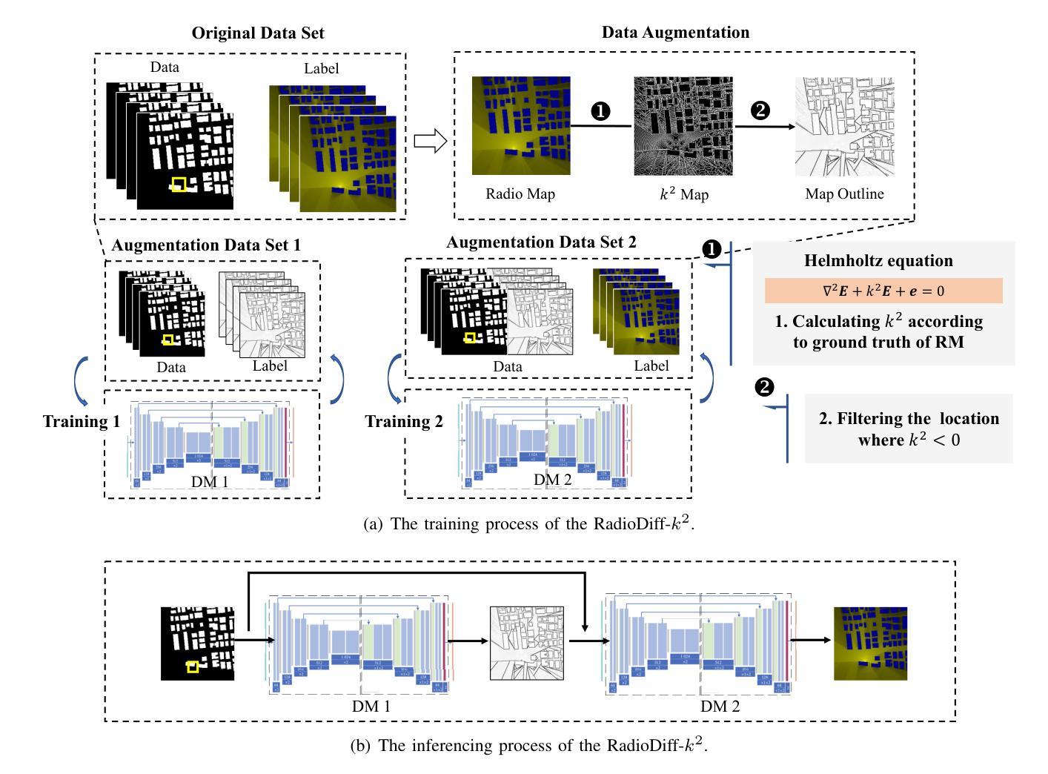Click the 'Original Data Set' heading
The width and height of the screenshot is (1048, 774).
coord(257,33)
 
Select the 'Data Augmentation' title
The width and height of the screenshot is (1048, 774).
coord(674,33)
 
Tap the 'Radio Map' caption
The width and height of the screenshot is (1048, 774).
coord(520,194)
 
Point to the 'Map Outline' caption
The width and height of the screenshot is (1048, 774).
coord(844,194)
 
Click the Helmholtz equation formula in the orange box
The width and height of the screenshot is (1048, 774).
coord(883,291)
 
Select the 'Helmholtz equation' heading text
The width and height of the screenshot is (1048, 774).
coord(878,261)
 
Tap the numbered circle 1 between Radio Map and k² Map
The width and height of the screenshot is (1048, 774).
coord(600,111)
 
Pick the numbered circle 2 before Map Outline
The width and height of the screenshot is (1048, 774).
coord(760,111)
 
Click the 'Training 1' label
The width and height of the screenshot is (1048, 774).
coord(82,422)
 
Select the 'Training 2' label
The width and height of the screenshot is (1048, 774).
coord(403,422)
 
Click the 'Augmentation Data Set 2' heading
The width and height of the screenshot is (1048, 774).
coord(541,242)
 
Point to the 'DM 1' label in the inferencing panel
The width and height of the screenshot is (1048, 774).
coord(371,707)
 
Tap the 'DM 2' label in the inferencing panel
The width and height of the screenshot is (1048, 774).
coord(720,707)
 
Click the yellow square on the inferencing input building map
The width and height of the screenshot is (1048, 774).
coord(193,666)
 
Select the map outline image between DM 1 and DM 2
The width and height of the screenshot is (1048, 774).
coord(527,643)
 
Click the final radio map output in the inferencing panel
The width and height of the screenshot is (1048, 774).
coord(870,643)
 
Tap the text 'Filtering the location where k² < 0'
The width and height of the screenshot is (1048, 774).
coord(909,429)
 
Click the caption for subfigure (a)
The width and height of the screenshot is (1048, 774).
coord(529,523)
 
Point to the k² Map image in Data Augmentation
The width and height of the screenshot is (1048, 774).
coord(683,126)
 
